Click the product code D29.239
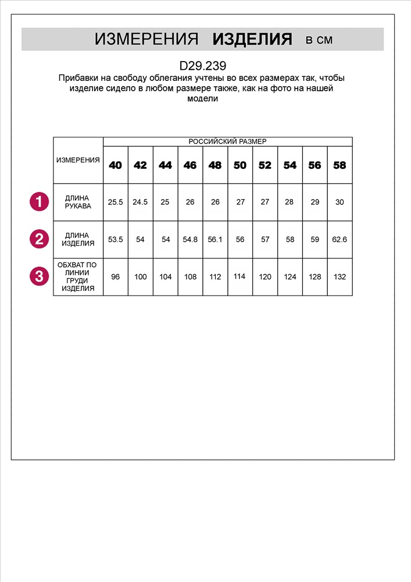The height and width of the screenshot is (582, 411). pos(203,66)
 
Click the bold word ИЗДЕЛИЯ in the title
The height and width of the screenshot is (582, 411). pos(252,40)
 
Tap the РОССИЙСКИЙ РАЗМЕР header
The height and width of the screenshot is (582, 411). pos(227,141)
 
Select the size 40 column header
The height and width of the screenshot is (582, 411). pos(116,165)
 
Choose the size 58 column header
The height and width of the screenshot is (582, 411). pos(339,165)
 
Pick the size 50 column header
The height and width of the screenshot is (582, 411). pos(240,165)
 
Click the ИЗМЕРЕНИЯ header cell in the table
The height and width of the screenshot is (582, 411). pos(78,160)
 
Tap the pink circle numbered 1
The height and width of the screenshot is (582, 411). pos(38,202)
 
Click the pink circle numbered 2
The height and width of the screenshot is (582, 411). pos(38,239)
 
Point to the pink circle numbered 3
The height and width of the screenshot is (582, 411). pos(38,276)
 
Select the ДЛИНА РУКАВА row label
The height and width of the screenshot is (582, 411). pos(78,202)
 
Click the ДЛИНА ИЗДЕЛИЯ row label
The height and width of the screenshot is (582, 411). pos(78,239)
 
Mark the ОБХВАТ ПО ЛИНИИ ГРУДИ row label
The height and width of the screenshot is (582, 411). pos(78,276)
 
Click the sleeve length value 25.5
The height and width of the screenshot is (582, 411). pos(116,203)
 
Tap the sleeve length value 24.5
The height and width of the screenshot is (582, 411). pos(141,203)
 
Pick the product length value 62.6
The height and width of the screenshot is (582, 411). pos(339,239)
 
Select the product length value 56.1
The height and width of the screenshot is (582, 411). pos(215,239)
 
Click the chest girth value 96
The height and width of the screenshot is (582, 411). pos(116,277)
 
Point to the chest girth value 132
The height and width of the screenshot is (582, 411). pos(339,277)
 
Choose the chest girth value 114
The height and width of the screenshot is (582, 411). pos(240,276)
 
